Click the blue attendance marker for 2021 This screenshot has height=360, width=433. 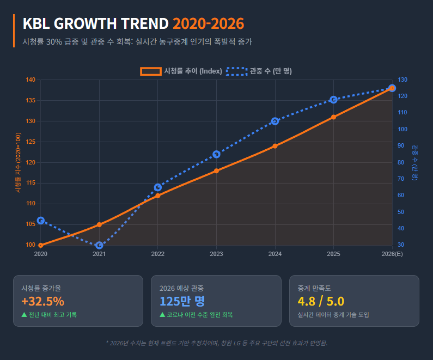click(99, 246)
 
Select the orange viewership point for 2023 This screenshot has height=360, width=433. click(216, 171)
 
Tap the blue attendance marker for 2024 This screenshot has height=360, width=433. click(275, 121)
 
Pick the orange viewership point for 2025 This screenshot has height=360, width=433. click(333, 117)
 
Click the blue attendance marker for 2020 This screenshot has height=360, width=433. click(41, 221)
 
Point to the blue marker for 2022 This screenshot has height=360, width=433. click(158, 187)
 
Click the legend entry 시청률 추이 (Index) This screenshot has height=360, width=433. click(181, 71)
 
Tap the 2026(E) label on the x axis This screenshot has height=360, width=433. click(392, 254)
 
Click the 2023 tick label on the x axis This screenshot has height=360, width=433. click(216, 254)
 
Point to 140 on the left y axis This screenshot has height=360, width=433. click(31, 80)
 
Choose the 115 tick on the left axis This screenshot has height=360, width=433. click(31, 183)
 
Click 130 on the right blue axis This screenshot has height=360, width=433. click(402, 80)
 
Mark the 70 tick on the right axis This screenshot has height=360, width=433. click(401, 179)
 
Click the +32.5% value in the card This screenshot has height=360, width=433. click(42, 302)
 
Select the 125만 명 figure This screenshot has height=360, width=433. click(182, 302)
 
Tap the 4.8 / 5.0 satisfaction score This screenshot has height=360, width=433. click(321, 302)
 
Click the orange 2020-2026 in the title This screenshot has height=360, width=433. click(208, 24)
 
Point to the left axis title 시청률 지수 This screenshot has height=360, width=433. click(17, 163)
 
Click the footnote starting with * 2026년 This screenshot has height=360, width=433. click(216, 343)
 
